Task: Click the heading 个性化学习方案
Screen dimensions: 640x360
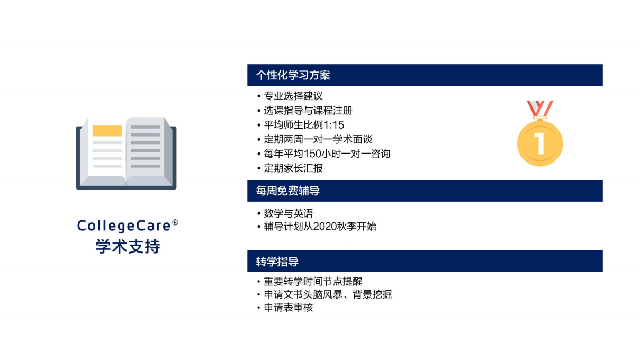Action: (x=293, y=75)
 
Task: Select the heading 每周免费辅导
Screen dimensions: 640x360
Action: (x=288, y=191)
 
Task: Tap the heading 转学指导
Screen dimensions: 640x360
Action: (x=277, y=262)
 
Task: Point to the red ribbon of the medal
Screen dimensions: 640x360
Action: (x=540, y=109)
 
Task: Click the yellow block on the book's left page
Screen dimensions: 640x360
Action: (x=107, y=131)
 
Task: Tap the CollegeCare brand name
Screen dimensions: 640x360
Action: (x=124, y=226)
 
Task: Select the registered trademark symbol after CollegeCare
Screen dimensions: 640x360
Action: (x=175, y=222)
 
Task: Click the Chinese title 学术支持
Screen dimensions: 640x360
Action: (x=128, y=246)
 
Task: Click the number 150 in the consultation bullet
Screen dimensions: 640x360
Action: (x=312, y=154)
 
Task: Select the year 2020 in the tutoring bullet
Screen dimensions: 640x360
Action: (x=324, y=226)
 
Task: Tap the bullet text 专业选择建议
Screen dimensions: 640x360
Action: (x=293, y=96)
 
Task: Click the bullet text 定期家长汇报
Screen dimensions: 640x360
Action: (x=293, y=168)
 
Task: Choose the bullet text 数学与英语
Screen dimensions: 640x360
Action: (x=289, y=213)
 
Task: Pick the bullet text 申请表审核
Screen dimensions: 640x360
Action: (x=289, y=308)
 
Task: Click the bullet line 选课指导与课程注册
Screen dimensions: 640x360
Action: (x=308, y=111)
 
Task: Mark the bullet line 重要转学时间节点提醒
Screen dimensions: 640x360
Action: (x=313, y=282)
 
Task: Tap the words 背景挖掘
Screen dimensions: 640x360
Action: (x=372, y=294)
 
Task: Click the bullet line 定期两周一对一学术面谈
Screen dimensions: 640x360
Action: (x=318, y=139)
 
